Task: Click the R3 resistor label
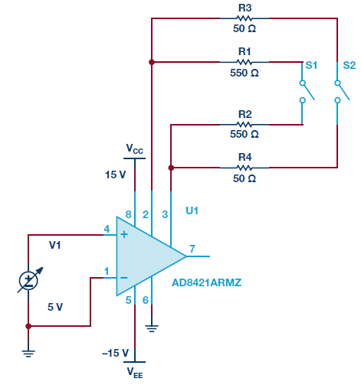click(x=244, y=8)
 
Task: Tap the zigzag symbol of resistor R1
click(x=244, y=62)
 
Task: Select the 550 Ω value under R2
click(x=244, y=134)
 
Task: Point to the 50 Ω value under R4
click(x=244, y=178)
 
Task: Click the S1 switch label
click(x=311, y=65)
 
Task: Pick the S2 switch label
click(x=349, y=65)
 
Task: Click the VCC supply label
click(x=135, y=148)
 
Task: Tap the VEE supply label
click(x=135, y=373)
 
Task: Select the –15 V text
click(x=115, y=353)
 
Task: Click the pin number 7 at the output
click(x=192, y=249)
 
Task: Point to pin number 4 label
click(x=107, y=229)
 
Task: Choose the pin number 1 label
click(x=107, y=271)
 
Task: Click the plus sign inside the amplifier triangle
click(x=124, y=234)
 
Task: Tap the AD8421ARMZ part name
click(x=206, y=282)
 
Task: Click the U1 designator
click(x=192, y=210)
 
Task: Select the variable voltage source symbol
click(x=28, y=280)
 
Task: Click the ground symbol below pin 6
click(x=152, y=328)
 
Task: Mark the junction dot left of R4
click(x=171, y=168)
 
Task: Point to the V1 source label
click(x=54, y=245)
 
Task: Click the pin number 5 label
click(x=129, y=300)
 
